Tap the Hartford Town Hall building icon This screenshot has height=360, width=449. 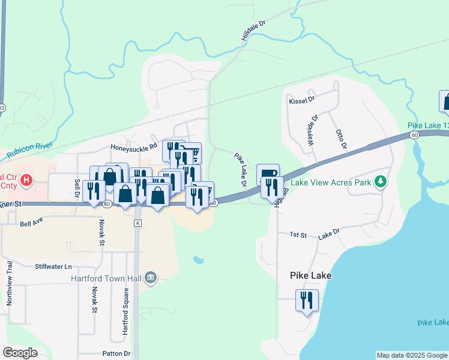(151, 277)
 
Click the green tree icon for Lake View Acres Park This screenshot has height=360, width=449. (379, 181)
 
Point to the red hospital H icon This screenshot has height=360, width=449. (26, 179)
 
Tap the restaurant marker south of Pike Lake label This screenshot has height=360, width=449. (307, 299)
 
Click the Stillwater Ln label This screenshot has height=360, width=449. (53, 266)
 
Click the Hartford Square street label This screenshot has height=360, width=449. (125, 311)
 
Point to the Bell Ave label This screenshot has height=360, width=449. (32, 224)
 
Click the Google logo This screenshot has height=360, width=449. (20, 353)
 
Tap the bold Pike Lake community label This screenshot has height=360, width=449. (311, 275)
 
